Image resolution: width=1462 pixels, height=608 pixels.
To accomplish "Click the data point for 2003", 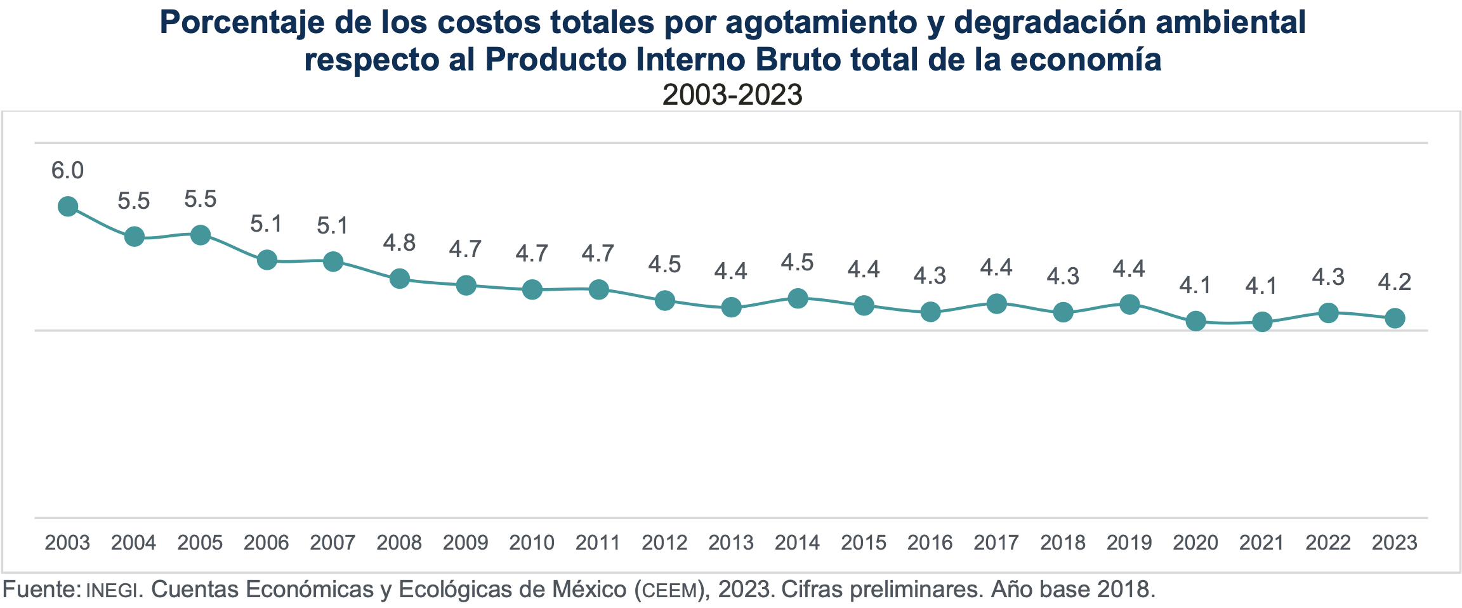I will (x=68, y=206).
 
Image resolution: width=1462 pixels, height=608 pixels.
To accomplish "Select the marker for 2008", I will (x=399, y=279).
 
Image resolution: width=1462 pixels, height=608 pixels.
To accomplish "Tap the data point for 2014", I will (x=798, y=298).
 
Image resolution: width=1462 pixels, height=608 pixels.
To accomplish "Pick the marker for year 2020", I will (x=1195, y=321).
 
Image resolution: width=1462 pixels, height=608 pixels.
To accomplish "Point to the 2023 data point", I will (x=1395, y=318).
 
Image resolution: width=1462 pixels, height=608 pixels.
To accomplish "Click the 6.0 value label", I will (x=67, y=171).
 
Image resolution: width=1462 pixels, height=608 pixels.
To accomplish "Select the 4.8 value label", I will (x=399, y=242).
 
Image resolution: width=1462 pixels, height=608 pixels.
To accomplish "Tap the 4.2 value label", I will (x=1395, y=282).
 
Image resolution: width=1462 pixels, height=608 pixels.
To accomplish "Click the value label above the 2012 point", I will (x=664, y=265).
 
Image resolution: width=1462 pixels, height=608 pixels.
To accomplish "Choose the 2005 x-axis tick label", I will (x=200, y=543).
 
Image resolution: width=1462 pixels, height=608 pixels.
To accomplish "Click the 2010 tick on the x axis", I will (x=532, y=543).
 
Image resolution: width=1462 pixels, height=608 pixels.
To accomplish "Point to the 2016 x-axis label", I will (x=930, y=543).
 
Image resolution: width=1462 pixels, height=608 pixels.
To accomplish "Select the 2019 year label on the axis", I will (x=1129, y=543).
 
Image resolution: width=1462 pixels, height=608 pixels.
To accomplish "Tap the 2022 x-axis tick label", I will (x=1328, y=543).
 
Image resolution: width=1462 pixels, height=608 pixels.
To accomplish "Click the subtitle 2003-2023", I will (x=732, y=95).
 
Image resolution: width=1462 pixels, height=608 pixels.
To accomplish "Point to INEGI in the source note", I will (x=111, y=590).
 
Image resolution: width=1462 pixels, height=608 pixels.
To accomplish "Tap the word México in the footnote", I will (x=589, y=590).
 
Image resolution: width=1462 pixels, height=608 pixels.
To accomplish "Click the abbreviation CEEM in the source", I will (x=670, y=591).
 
